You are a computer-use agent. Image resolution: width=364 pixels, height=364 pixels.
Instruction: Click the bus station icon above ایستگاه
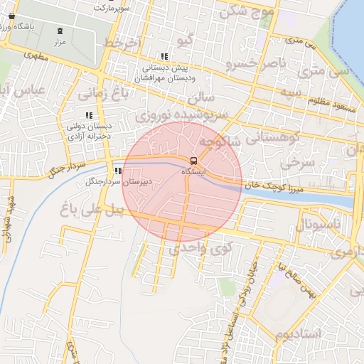click(x=193, y=160)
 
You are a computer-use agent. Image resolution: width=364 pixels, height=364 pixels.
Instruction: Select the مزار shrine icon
click(x=60, y=31)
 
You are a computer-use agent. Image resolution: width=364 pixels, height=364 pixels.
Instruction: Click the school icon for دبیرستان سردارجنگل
click(x=117, y=171)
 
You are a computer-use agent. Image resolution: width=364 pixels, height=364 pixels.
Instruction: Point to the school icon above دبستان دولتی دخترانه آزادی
click(x=89, y=114)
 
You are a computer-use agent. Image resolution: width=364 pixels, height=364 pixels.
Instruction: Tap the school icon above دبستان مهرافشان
click(x=164, y=56)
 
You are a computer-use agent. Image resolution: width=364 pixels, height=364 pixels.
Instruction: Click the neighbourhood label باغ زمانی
click(x=105, y=92)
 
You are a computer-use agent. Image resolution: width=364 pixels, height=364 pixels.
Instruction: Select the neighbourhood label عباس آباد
click(x=23, y=91)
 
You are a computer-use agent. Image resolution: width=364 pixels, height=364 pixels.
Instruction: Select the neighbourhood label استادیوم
click(x=299, y=333)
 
